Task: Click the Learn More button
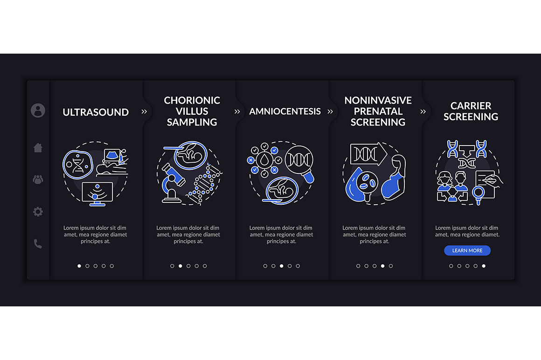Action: [x=467, y=250]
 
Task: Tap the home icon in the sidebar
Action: [x=38, y=147]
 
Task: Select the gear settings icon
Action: [x=38, y=211]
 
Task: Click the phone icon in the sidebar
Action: [x=38, y=244]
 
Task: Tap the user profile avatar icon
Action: [x=38, y=111]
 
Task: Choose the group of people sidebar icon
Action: [x=38, y=180]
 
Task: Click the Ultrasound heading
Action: [x=96, y=112]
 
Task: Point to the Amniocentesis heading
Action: [x=285, y=111]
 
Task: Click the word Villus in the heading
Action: [x=192, y=111]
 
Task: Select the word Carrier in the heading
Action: [x=471, y=105]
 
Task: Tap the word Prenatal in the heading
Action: [x=378, y=111]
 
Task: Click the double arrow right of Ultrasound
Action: [x=144, y=111]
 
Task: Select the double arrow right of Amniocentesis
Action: [x=330, y=111]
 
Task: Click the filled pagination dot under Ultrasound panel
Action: [x=79, y=266]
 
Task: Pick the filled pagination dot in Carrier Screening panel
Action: [x=484, y=266]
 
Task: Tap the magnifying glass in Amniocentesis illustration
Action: [x=300, y=164]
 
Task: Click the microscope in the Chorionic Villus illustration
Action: [x=172, y=183]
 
